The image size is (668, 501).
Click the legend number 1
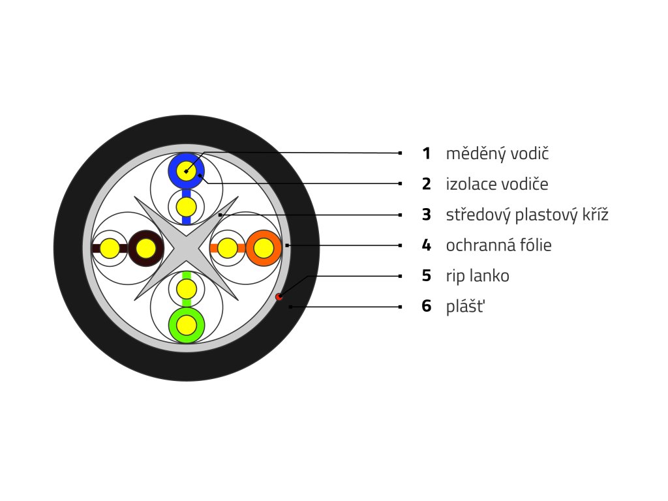[426, 154]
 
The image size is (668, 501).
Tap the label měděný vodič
[498, 154]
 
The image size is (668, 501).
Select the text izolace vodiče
[496, 184]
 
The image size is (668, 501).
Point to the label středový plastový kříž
[527, 215]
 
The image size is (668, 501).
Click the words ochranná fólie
[498, 245]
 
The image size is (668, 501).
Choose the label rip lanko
[478, 276]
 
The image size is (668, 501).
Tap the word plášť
[466, 306]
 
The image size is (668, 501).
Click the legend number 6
[426, 306]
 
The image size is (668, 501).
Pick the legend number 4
[426, 245]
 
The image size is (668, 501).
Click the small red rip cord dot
[279, 297]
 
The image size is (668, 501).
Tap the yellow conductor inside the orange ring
[264, 248]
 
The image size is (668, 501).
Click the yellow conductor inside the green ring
[187, 324]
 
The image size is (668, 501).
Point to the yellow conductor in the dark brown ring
[145, 248]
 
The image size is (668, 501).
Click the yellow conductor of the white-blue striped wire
[187, 207]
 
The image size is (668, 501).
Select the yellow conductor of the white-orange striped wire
[227, 248]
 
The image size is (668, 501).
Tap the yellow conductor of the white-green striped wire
[187, 288]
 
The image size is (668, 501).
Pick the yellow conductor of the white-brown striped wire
[110, 248]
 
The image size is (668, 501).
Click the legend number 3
[426, 215]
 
